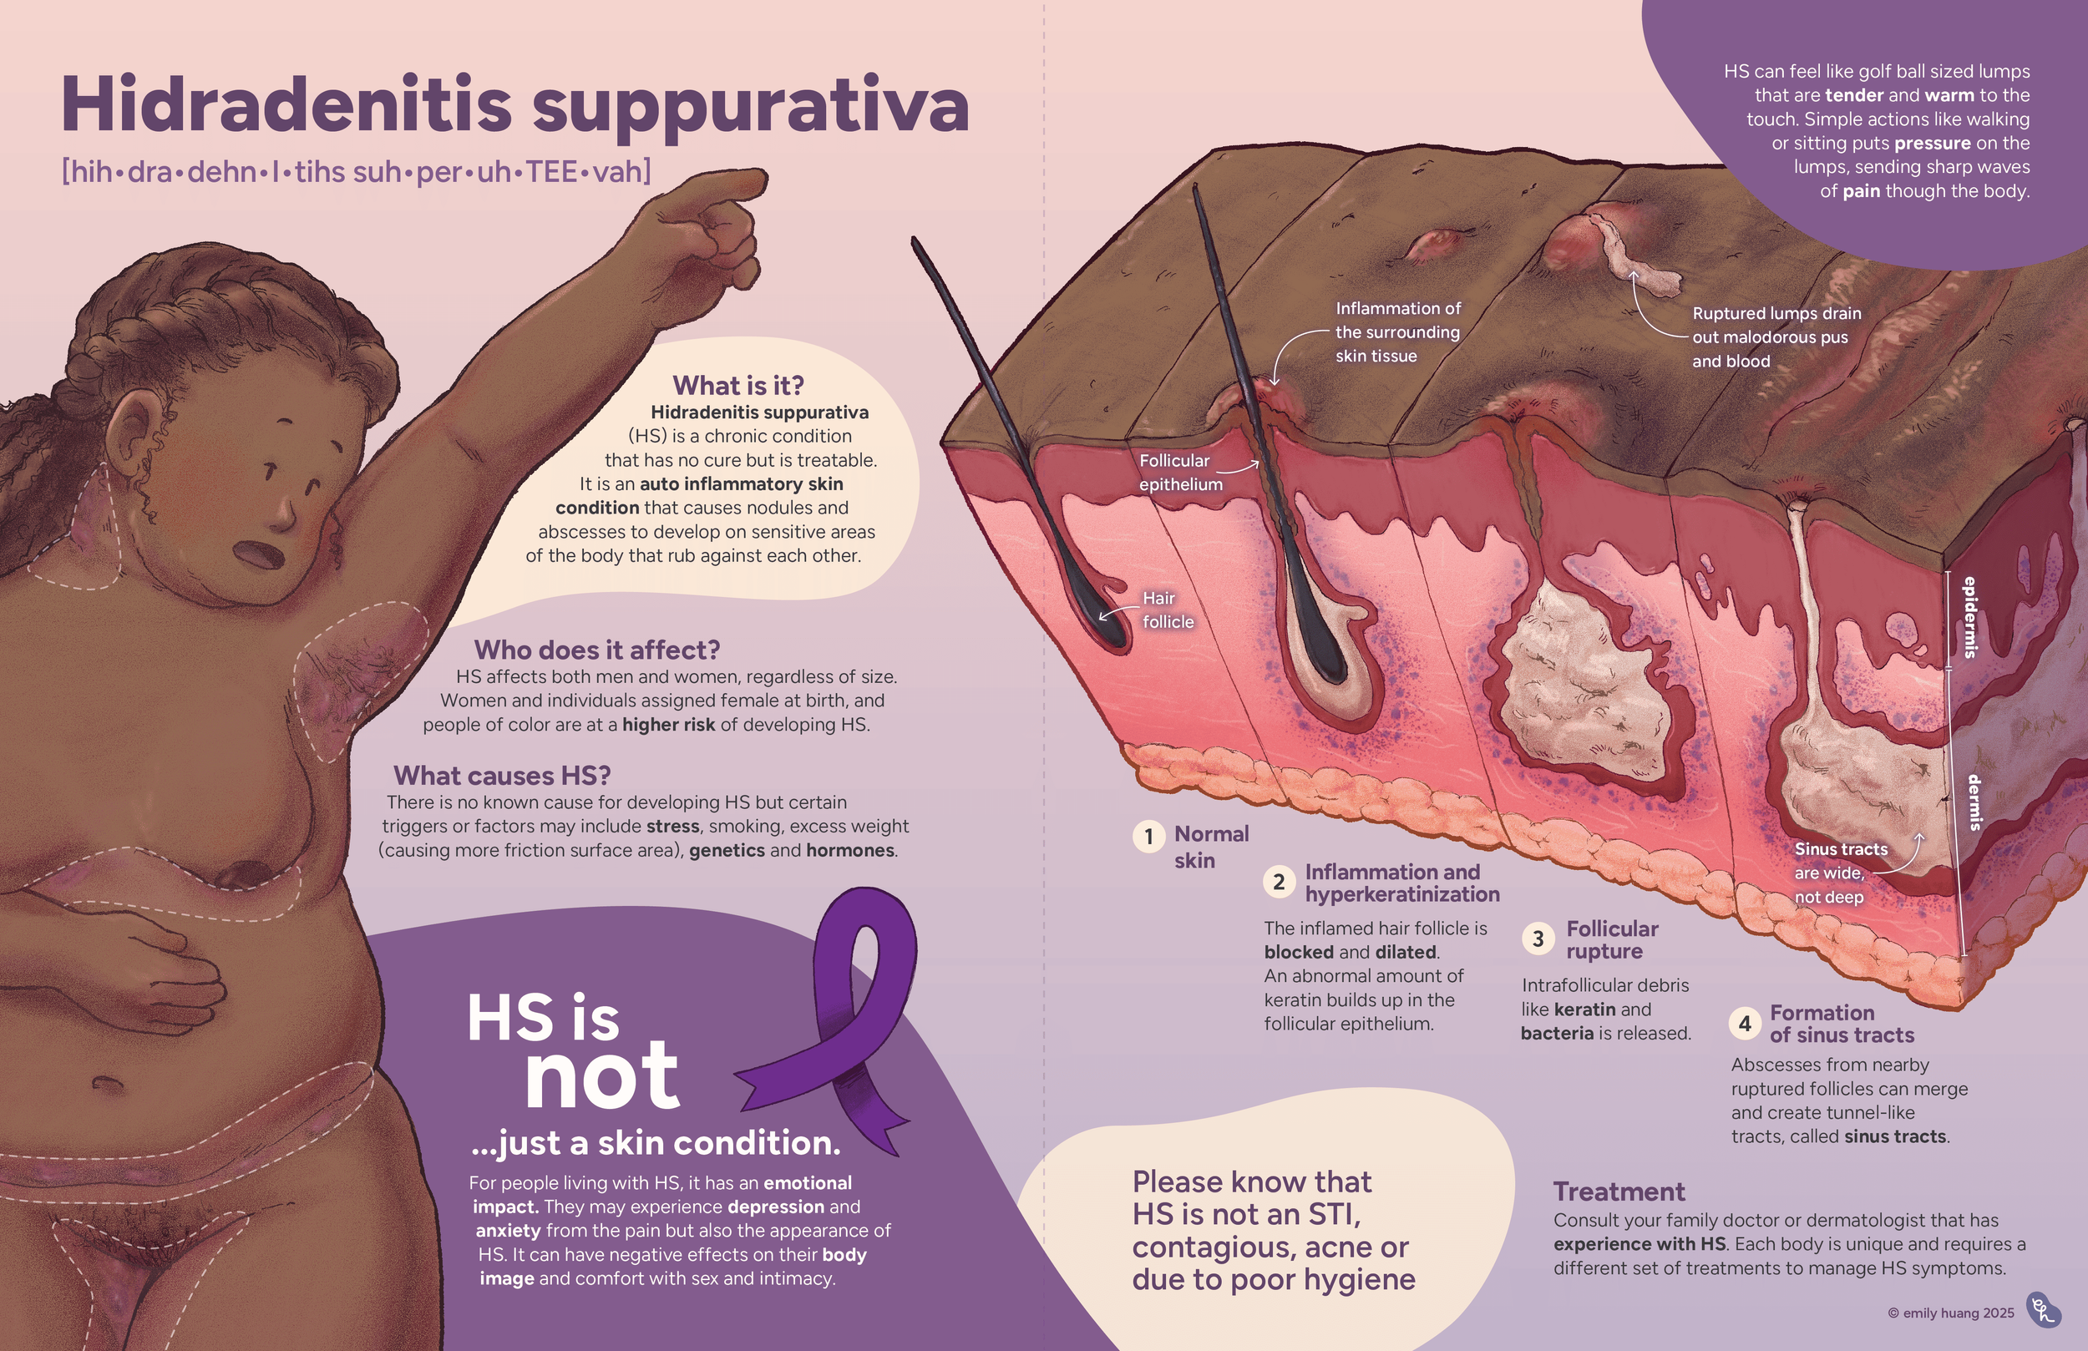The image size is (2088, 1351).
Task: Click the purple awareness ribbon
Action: click(x=842, y=1026)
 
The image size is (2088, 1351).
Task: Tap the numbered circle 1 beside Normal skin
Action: click(x=1148, y=837)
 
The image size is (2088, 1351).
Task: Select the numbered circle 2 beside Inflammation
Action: click(x=1278, y=882)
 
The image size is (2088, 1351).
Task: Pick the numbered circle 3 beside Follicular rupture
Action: click(x=1537, y=939)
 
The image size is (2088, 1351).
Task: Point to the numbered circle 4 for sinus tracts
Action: click(x=1744, y=1023)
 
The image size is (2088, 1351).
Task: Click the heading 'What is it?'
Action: click(x=737, y=385)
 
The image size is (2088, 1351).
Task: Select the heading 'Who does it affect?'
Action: click(x=596, y=650)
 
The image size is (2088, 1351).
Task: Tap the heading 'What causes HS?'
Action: click(x=502, y=776)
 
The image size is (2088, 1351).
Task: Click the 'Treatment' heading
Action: click(x=1619, y=1192)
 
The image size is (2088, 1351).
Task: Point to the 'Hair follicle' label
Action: click(x=1168, y=610)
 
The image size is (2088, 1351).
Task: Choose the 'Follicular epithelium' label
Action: click(x=1180, y=472)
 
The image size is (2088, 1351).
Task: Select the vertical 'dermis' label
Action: click(x=1974, y=802)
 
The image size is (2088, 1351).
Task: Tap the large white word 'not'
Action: click(x=602, y=1077)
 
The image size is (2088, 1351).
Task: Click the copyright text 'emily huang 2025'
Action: click(x=1951, y=1313)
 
